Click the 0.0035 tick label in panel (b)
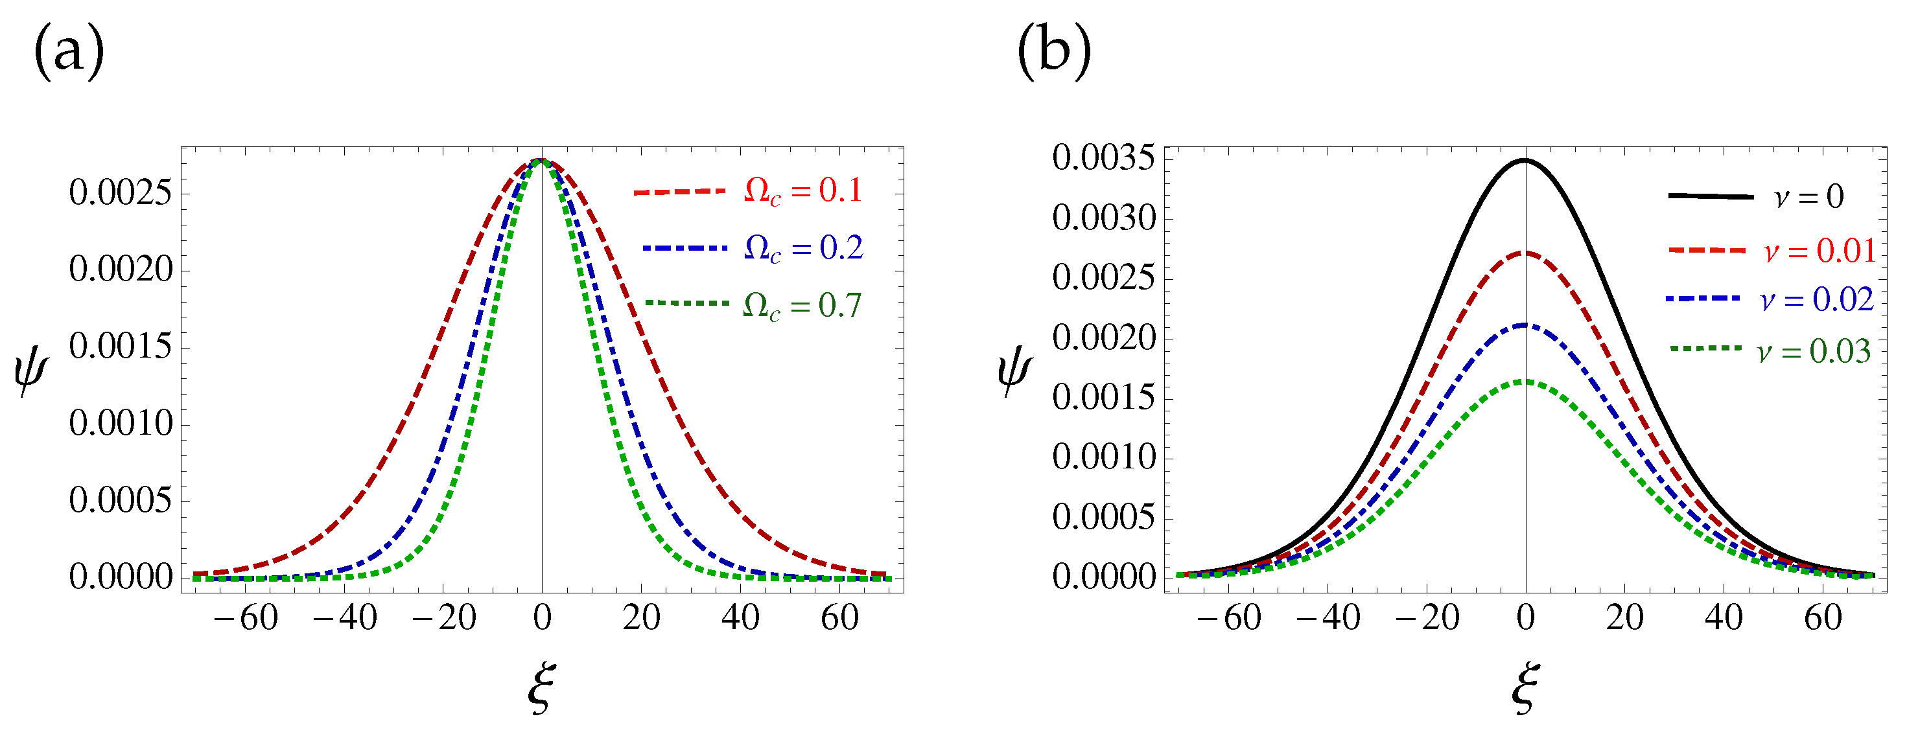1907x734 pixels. click(1103, 157)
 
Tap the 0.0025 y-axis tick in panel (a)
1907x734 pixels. click(120, 193)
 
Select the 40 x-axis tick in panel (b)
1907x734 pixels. click(1724, 618)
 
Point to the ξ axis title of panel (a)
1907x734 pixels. click(541, 688)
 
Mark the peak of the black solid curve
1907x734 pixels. click(1525, 161)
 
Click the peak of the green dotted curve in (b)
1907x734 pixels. click(1525, 381)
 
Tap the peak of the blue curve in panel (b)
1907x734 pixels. click(1525, 325)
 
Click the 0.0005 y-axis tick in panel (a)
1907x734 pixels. click(120, 501)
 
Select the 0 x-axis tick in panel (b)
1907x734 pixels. click(1525, 618)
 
